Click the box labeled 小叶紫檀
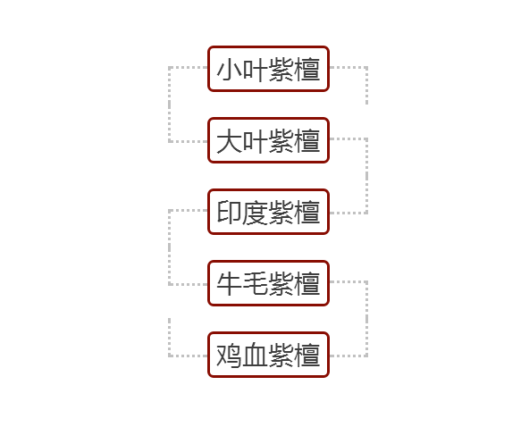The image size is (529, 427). (x=268, y=69)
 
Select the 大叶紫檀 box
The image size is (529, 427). (x=268, y=140)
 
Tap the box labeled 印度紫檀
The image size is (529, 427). (x=268, y=212)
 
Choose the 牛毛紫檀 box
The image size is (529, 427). (x=268, y=283)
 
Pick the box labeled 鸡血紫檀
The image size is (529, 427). (x=268, y=355)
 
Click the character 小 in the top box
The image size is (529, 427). (x=230, y=69)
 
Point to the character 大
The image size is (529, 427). (x=230, y=140)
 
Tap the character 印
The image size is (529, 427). (x=230, y=212)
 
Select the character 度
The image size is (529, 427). (x=256, y=212)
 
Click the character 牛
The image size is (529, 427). (x=230, y=284)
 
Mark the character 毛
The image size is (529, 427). (x=256, y=284)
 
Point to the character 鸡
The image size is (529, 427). (x=230, y=356)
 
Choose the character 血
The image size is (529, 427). (x=256, y=356)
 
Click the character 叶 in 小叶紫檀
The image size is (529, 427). (x=256, y=69)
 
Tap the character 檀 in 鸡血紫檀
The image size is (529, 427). (x=307, y=356)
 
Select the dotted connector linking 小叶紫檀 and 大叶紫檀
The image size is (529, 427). (x=169, y=105)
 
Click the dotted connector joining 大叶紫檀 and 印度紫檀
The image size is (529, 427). (x=366, y=176)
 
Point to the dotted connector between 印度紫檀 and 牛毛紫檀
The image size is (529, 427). (x=169, y=247)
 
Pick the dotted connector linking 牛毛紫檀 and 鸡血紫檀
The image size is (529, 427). (x=366, y=319)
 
